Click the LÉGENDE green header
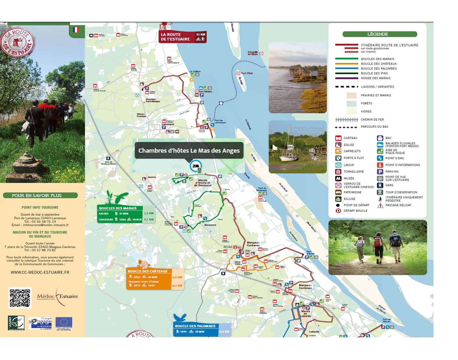tap(379, 34)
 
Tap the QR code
tap(20, 298)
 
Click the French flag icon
tap(76, 30)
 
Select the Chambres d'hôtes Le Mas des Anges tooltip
tap(189, 151)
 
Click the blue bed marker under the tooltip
tap(195, 166)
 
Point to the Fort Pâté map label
tap(247, 73)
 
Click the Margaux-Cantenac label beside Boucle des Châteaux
tap(253, 244)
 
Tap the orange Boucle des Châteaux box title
tap(148, 271)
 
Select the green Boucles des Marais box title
tap(118, 208)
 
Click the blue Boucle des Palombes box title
tap(195, 326)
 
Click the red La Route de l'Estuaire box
tap(183, 37)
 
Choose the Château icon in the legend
tap(338, 138)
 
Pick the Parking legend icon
tap(380, 171)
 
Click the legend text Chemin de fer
tap(372, 120)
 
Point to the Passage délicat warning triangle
tap(380, 206)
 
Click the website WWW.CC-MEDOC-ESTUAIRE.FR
tap(40, 272)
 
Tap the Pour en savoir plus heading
tap(37, 196)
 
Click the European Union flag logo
tap(64, 323)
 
